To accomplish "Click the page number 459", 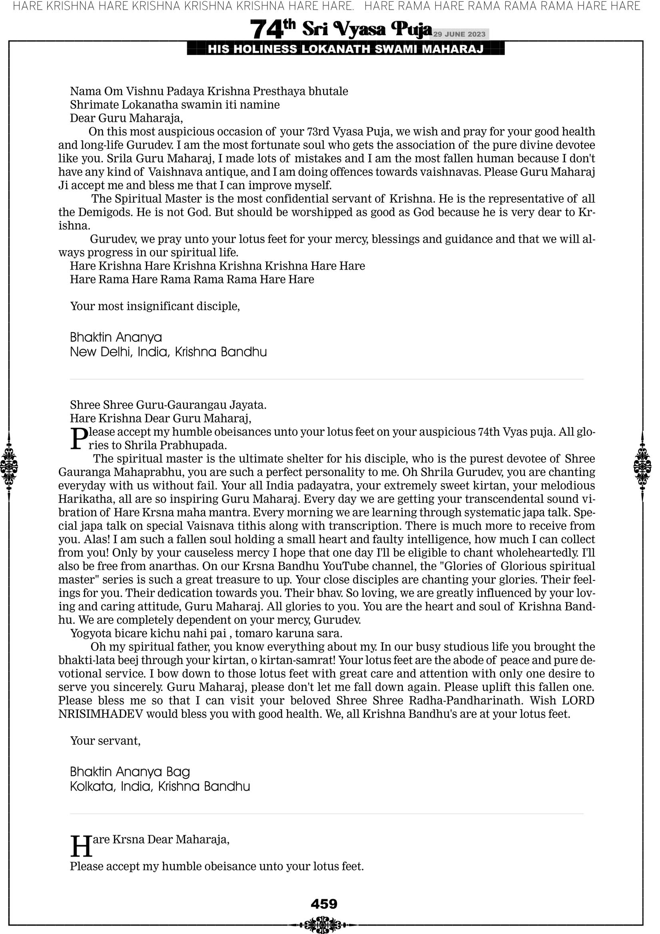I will (x=324, y=904).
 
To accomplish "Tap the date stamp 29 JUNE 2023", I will (x=459, y=34).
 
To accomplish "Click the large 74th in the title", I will (x=272, y=29).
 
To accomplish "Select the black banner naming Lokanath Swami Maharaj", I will (x=346, y=49).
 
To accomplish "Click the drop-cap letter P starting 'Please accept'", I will (x=79, y=438).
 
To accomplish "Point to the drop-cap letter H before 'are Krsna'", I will (x=81, y=846).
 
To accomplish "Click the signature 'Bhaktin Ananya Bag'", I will (x=130, y=772).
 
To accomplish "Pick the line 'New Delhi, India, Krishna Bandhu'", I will (x=168, y=352).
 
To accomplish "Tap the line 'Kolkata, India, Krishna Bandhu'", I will (x=160, y=786).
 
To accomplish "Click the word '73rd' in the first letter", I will (x=318, y=132).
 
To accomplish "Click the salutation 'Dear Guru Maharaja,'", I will (x=126, y=118).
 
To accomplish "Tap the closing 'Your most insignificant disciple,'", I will (x=155, y=306).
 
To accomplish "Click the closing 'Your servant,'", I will (x=105, y=740).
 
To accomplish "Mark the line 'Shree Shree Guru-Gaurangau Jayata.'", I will (x=168, y=405).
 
